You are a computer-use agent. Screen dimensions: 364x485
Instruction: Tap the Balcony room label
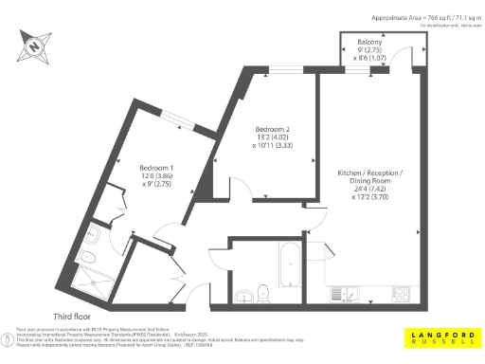click(370, 44)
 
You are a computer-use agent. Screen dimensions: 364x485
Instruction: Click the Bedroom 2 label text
click(274, 129)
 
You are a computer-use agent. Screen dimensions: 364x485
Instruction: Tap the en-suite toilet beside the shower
click(90, 258)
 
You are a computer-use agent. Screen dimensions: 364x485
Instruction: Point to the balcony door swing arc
click(407, 57)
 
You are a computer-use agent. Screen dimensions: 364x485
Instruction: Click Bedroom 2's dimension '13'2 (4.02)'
click(274, 137)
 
